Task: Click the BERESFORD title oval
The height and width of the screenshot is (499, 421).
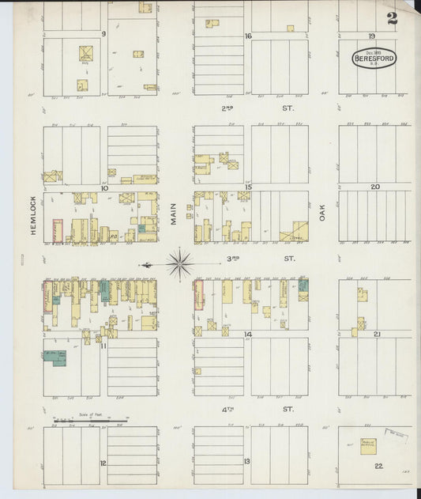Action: (x=375, y=60)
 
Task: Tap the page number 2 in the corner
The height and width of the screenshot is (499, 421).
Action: (x=392, y=18)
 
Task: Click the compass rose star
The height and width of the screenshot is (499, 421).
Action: (x=180, y=263)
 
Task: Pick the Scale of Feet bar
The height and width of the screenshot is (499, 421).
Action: (x=89, y=421)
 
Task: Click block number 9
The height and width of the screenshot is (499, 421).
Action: (x=103, y=34)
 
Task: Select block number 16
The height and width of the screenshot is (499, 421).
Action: (x=247, y=36)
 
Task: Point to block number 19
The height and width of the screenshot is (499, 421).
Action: (x=370, y=36)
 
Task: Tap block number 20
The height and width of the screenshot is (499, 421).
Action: (x=375, y=187)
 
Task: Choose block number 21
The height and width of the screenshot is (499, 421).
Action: (x=378, y=335)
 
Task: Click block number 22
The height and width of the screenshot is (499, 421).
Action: (x=379, y=466)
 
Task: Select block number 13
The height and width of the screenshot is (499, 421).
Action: (x=246, y=461)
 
